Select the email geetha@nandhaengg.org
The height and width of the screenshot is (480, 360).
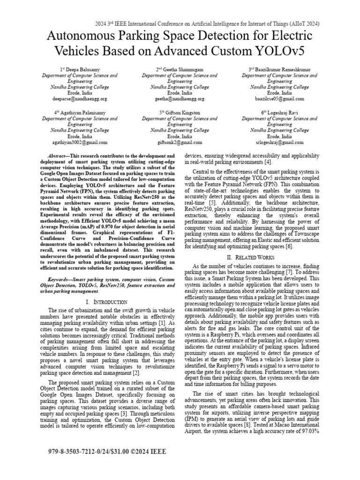180,99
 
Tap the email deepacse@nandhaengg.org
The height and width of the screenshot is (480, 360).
80,99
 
